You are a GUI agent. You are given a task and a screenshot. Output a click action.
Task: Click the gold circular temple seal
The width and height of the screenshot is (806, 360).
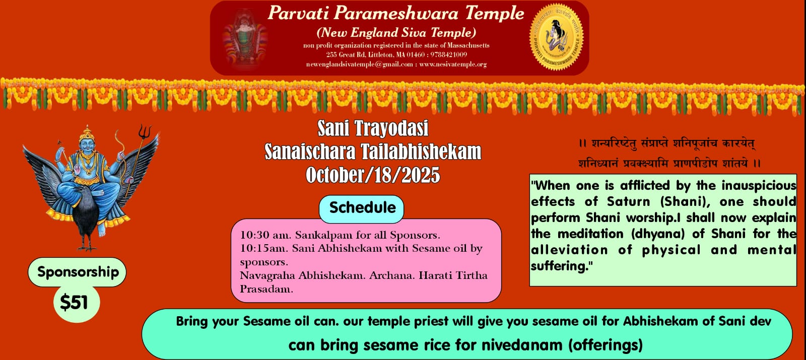[556, 37]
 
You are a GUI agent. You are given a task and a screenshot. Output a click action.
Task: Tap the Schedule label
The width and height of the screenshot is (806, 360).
[362, 208]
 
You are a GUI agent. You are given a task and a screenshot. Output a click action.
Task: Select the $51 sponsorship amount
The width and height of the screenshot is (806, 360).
[74, 302]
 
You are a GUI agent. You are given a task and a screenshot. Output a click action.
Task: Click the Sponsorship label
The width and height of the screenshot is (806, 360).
[78, 272]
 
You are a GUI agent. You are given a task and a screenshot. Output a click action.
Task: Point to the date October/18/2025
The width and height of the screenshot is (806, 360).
[373, 175]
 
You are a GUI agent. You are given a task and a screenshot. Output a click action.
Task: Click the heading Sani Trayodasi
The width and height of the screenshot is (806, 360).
[373, 128]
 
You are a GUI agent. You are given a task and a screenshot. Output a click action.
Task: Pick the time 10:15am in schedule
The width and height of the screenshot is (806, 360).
[263, 249]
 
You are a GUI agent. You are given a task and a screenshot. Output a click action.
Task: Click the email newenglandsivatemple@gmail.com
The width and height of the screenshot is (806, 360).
[360, 64]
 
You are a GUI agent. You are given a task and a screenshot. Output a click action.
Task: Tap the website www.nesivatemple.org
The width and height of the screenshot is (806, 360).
[453, 64]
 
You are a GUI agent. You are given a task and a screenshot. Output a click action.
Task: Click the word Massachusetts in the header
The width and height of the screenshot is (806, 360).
[468, 45]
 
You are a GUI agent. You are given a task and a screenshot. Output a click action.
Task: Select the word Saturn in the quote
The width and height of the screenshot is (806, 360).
[628, 201]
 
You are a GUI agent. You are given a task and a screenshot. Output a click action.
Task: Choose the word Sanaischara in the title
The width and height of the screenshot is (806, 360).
[310, 152]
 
